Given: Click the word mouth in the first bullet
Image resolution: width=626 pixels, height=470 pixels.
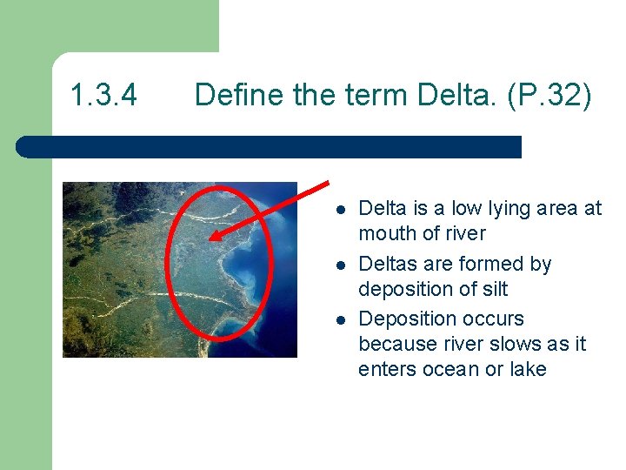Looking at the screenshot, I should (387, 233).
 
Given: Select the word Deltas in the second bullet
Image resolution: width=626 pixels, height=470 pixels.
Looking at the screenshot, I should (387, 264).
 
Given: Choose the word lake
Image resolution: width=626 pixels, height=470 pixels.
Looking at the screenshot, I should (527, 369).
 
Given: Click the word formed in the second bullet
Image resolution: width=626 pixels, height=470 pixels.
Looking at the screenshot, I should (486, 264).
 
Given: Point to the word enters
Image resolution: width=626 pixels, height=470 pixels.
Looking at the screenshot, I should (385, 369).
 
